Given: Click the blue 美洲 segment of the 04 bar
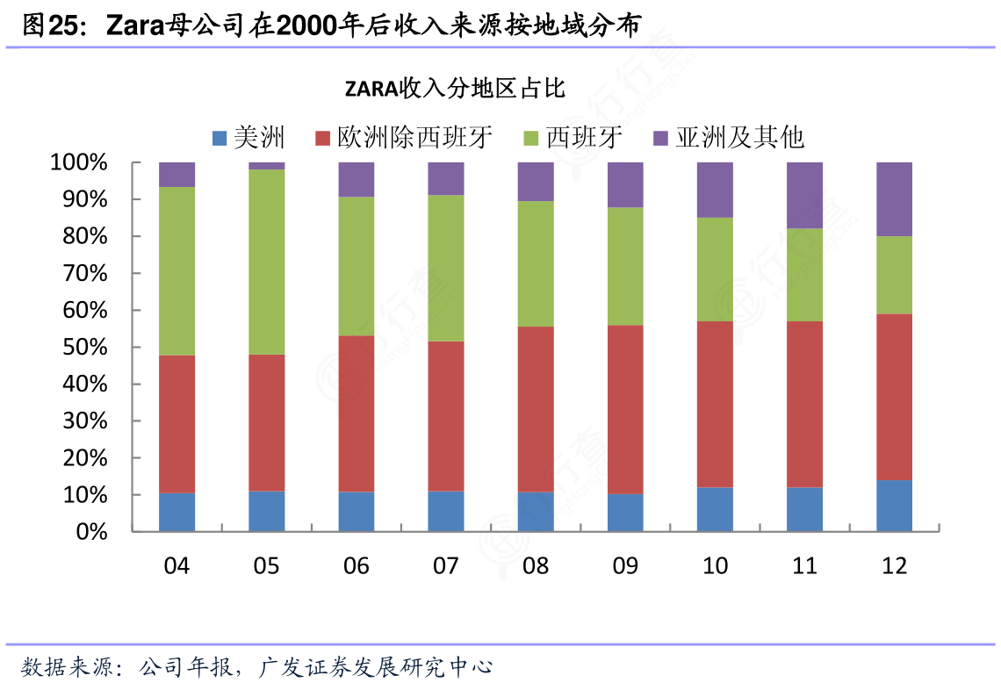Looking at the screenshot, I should pos(176,512).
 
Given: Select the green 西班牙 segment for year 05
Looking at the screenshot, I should pos(266,262).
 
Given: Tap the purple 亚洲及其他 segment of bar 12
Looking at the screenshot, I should pos(894,199).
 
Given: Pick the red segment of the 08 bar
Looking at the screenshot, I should pos(535,409).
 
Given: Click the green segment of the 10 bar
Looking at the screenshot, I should pos(715,269).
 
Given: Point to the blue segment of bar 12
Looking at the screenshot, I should pos(894,506).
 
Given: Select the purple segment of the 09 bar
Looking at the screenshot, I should pos(625,184).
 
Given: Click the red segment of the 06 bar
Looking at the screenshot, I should pos(356,413).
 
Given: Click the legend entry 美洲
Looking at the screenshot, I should pos(248,138).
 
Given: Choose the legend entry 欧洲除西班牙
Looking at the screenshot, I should pos(403,138).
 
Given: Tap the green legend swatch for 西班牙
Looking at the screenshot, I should pos(530,138).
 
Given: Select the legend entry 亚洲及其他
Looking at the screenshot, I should pos(728,138).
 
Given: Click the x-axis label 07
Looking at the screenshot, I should pos(445,566).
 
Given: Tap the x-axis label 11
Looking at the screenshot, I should pos(804,566).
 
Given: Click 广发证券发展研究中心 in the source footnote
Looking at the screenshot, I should pos(376,667).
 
